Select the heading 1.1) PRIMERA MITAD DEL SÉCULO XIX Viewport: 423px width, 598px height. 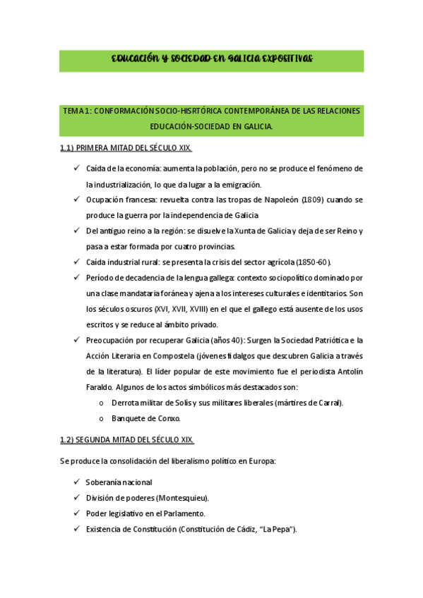tap(126, 149)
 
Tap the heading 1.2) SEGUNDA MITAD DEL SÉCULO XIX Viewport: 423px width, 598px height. tap(126, 440)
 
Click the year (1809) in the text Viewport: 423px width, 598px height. tap(313, 200)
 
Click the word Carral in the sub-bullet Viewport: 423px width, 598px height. tap(328, 403)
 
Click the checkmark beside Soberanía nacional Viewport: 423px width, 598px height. tap(76, 482)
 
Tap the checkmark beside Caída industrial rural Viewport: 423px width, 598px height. tap(76, 262)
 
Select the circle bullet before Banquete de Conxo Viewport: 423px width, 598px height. tap(102, 418)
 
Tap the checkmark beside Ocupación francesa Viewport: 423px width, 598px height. tap(76, 200)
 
